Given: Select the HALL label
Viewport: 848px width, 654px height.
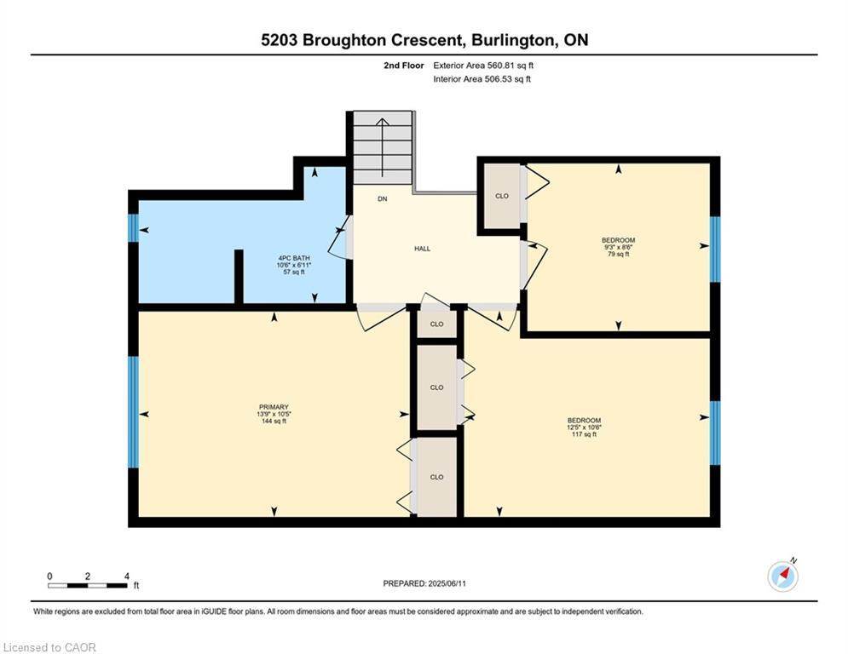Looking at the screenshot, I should click(422, 249).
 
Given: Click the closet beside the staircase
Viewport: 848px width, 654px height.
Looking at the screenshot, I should click(502, 197).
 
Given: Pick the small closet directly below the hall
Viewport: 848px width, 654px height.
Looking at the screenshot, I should click(436, 324).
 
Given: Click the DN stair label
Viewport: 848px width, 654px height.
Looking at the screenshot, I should click(383, 199).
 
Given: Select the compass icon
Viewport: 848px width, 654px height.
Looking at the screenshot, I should click(782, 576).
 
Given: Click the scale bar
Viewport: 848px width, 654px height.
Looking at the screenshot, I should click(88, 584).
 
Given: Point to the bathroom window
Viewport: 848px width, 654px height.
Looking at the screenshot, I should click(133, 229).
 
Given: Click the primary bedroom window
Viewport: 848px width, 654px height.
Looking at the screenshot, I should click(133, 412).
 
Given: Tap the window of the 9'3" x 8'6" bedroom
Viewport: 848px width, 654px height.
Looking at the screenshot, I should click(715, 249).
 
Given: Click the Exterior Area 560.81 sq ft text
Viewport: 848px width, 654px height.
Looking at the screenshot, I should click(483, 65).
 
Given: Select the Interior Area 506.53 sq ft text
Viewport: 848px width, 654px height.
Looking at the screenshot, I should click(482, 79).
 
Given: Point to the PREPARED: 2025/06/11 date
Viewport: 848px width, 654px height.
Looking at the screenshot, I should click(424, 583).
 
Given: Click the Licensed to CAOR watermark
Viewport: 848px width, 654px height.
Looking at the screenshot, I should click(49, 647).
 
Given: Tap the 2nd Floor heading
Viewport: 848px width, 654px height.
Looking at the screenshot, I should click(403, 65).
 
